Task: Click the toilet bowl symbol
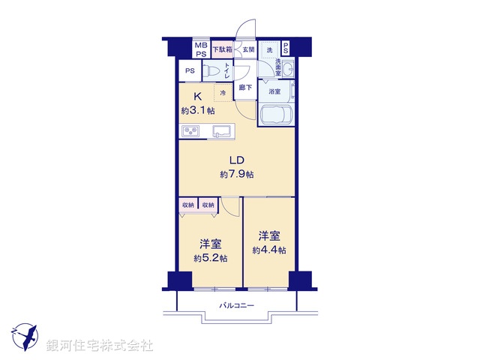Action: (x=213, y=72)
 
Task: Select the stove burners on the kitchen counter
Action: (x=191, y=133)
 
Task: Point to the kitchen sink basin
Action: (x=223, y=133)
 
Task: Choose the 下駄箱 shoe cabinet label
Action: (x=222, y=49)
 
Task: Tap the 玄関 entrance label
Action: (x=248, y=49)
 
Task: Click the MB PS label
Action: (x=201, y=49)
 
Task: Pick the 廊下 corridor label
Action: (x=245, y=88)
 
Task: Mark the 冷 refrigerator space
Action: (x=223, y=93)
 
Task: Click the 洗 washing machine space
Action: (x=269, y=49)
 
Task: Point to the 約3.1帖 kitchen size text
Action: (x=197, y=111)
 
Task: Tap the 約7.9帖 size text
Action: (x=236, y=174)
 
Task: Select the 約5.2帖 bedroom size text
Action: (x=211, y=258)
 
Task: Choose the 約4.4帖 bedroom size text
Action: (x=268, y=250)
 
